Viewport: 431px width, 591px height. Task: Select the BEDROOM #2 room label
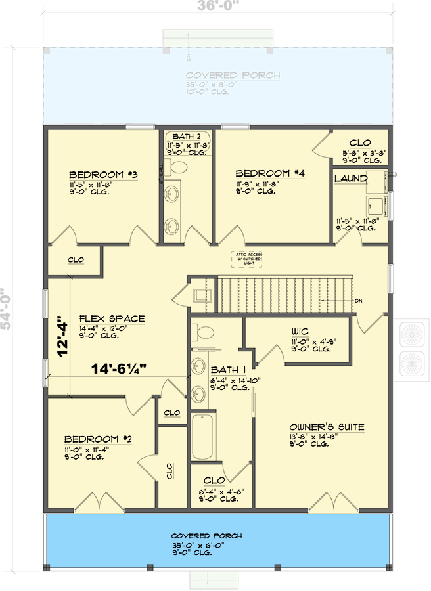91,439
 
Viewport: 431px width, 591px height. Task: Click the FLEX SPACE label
112,319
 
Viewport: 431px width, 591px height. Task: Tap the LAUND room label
350,178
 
